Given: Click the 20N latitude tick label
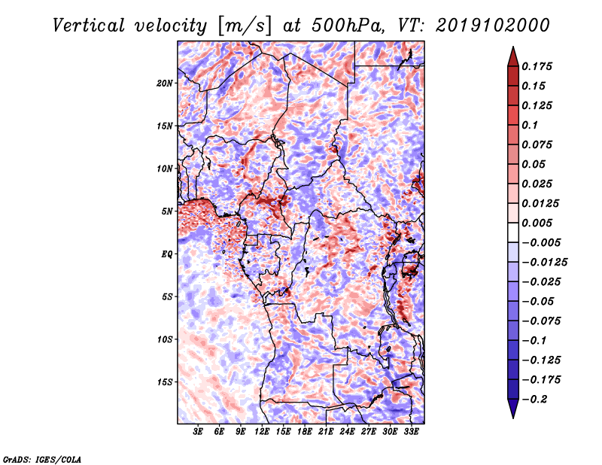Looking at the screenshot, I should [x=165, y=83].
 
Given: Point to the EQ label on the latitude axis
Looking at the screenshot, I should [x=166, y=254].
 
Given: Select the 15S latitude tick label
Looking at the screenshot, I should [x=165, y=381].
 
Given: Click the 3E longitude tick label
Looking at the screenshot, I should [x=199, y=432].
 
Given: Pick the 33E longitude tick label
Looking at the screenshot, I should [x=411, y=432].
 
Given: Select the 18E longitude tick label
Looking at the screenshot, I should [x=305, y=432].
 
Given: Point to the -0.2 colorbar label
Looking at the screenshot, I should [x=537, y=400].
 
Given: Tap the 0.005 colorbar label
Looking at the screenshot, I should [x=540, y=223].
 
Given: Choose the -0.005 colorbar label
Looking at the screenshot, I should [x=543, y=242].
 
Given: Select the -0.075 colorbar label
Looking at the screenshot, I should [x=543, y=321].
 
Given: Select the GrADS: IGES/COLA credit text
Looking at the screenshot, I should [x=41, y=458].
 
